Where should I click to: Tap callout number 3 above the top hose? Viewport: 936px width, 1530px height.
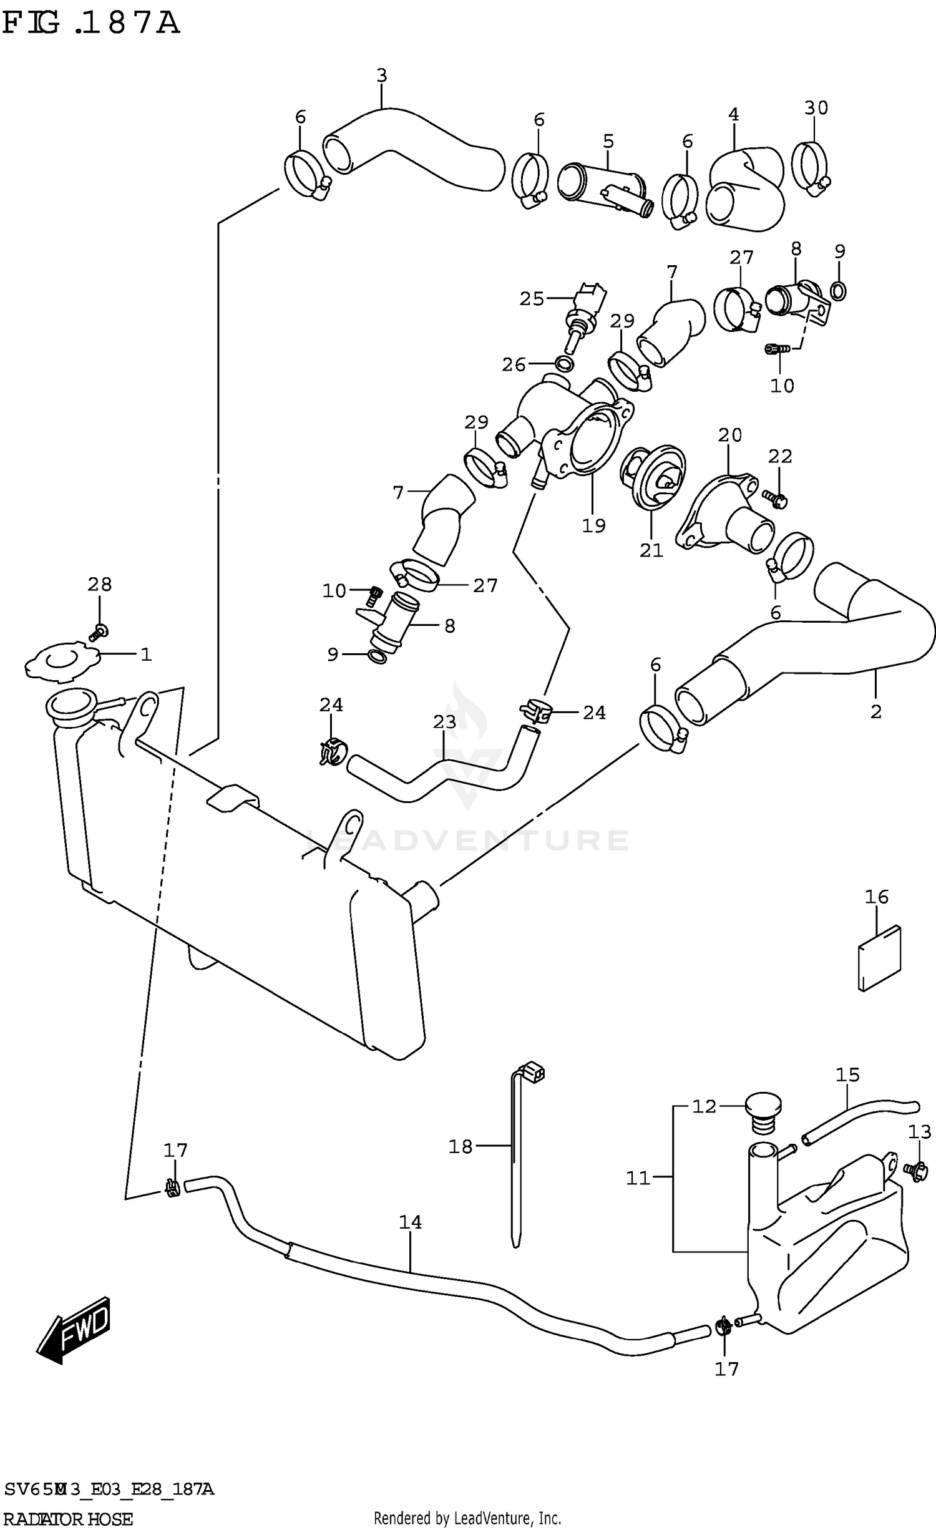(x=382, y=76)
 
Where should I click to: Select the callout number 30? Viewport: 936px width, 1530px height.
(x=816, y=108)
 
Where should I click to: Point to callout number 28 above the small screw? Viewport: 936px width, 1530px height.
(x=100, y=585)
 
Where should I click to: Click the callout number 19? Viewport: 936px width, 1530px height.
(x=593, y=526)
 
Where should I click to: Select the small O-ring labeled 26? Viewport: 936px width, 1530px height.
(x=564, y=364)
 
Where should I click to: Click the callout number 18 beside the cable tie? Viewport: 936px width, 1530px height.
(x=461, y=1147)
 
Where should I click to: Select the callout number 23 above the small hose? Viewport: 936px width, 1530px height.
(x=444, y=722)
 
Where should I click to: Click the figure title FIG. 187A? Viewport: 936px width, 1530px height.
(x=90, y=24)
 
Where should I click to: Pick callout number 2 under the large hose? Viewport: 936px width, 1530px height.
(x=876, y=711)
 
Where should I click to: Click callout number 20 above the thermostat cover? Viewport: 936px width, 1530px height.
(x=729, y=435)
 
